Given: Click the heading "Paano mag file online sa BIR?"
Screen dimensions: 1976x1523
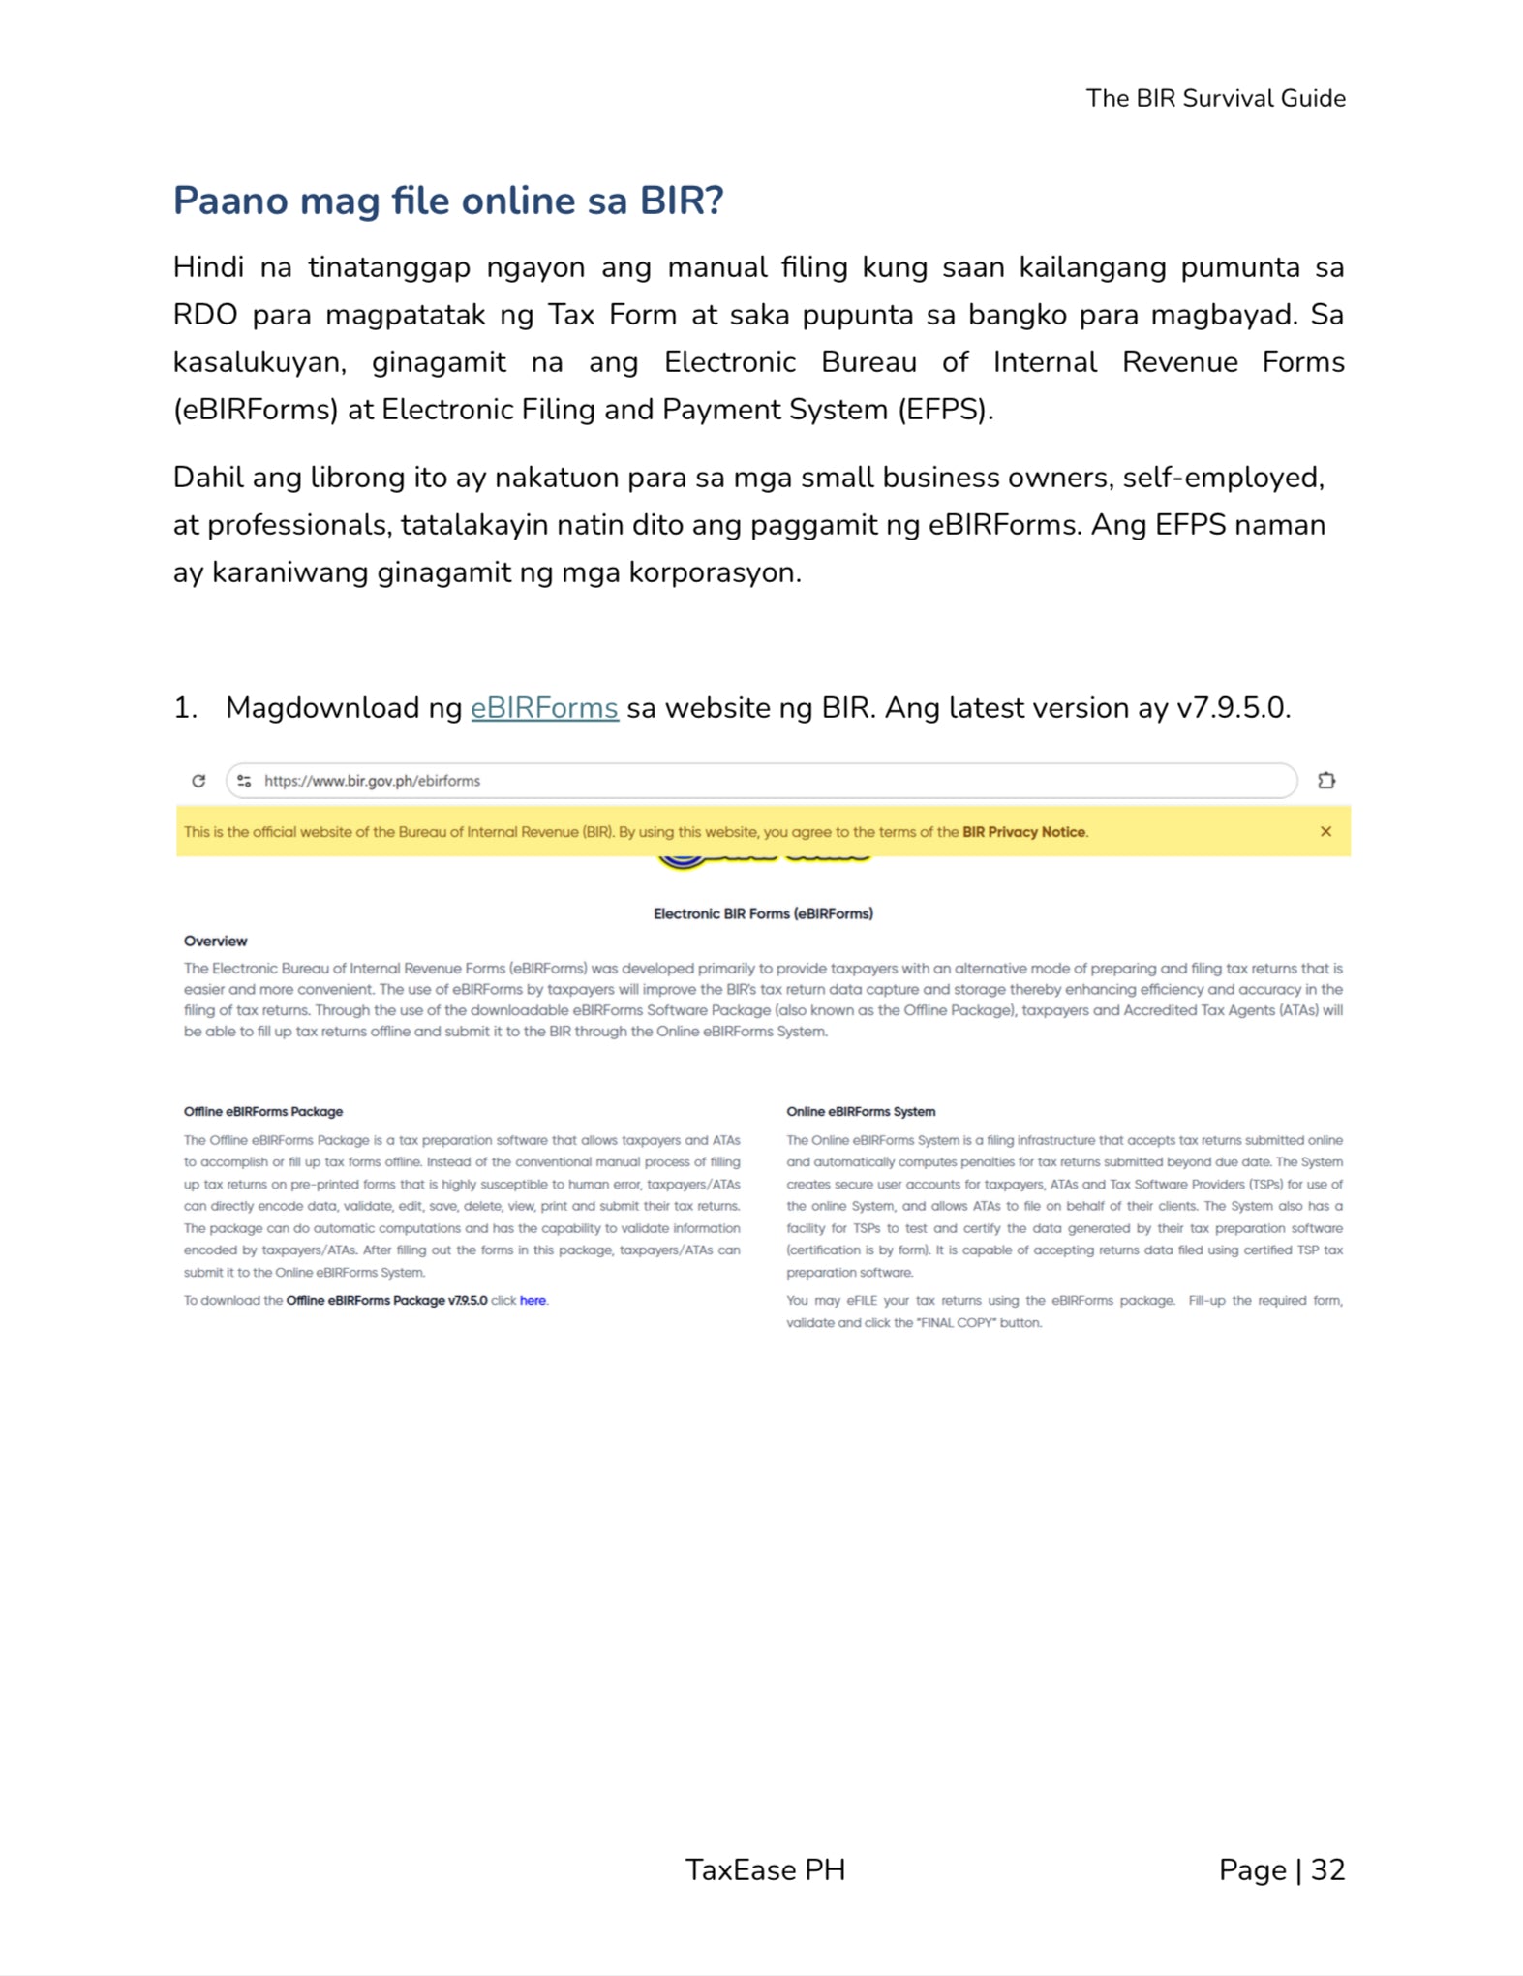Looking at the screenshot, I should coord(448,201).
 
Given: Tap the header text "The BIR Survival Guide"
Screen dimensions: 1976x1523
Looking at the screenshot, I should coord(1215,98).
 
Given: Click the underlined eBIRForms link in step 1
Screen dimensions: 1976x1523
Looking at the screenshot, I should coord(544,708).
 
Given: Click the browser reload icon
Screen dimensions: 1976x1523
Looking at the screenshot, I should coord(198,781).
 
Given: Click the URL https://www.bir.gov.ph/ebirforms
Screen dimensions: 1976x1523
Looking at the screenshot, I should coord(372,781).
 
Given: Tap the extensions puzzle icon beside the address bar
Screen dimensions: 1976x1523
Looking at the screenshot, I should coord(1326,781).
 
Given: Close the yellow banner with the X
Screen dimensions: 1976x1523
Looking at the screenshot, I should coord(1325,832).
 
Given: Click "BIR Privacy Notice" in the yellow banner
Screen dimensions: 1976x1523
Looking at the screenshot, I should coord(1023,832).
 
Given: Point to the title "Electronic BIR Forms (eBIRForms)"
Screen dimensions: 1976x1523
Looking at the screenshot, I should coord(763,913).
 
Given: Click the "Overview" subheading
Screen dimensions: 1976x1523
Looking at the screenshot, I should coord(215,941).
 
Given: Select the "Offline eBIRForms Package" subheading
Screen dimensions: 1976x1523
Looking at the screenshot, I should coord(263,1111).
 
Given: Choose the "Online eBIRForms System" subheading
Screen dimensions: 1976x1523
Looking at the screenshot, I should coord(861,1111).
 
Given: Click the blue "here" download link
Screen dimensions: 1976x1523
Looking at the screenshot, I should coord(533,1300).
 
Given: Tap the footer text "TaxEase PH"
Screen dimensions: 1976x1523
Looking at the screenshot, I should coord(765,1869).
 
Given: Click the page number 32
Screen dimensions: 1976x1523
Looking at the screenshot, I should coord(1327,1869).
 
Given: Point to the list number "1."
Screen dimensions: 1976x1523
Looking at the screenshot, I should coord(185,708).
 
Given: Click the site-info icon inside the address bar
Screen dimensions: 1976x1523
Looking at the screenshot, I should coord(244,781).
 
